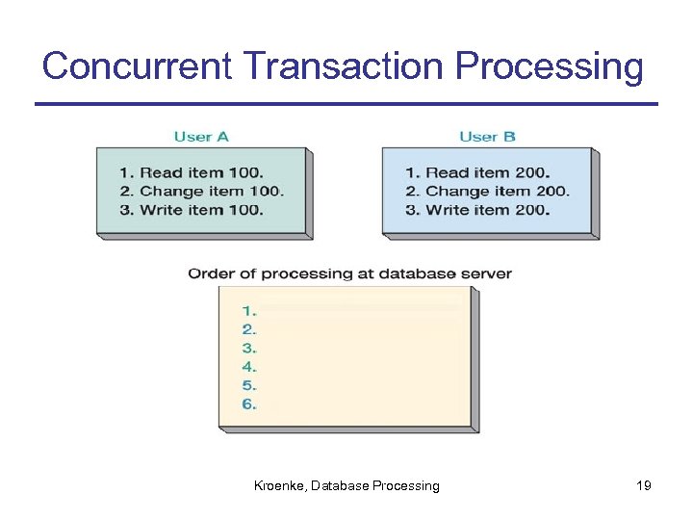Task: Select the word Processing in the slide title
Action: point(550,66)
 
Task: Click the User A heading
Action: point(201,137)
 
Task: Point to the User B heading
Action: point(487,137)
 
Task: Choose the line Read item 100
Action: point(191,173)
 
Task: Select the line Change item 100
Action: point(202,192)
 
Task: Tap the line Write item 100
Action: point(192,210)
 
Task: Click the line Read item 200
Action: point(477,173)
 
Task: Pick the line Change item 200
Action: point(487,192)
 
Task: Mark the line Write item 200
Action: point(477,210)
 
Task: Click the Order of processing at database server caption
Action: point(349,273)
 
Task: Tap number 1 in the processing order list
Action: point(249,311)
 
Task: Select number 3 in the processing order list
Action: point(249,349)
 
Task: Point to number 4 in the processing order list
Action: point(249,367)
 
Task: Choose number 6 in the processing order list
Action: point(249,404)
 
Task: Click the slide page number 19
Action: point(644,486)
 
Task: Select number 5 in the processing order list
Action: point(249,386)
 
